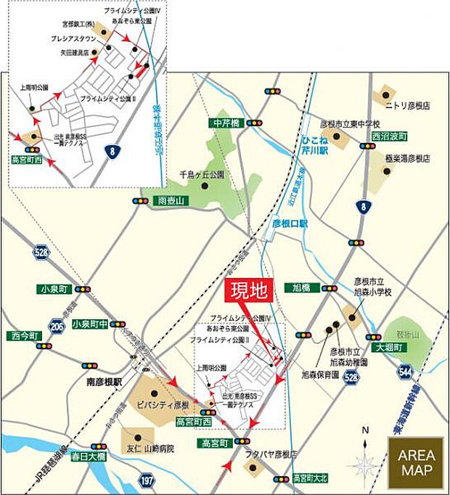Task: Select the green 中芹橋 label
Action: (226, 123)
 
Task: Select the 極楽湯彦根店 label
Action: (408, 157)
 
